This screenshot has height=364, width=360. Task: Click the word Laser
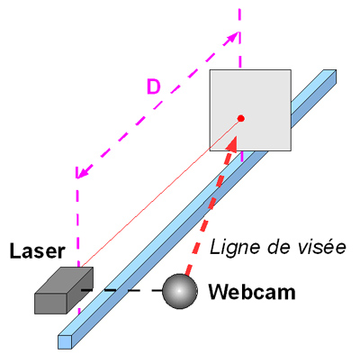37,251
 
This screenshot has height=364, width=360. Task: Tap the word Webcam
252,292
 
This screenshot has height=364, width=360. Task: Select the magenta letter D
154,86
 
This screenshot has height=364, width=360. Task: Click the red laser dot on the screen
240,119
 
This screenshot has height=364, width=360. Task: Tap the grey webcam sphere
180,291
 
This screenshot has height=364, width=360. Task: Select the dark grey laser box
64,290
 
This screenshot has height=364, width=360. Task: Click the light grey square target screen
250,110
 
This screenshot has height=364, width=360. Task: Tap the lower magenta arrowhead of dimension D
82,172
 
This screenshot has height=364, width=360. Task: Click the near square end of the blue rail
65,342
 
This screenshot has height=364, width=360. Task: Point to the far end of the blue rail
329,76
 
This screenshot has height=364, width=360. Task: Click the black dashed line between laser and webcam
122,290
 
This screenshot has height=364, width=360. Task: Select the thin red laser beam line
160,193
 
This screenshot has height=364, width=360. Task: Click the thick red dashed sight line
210,207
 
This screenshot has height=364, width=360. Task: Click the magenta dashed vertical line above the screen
239,38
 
